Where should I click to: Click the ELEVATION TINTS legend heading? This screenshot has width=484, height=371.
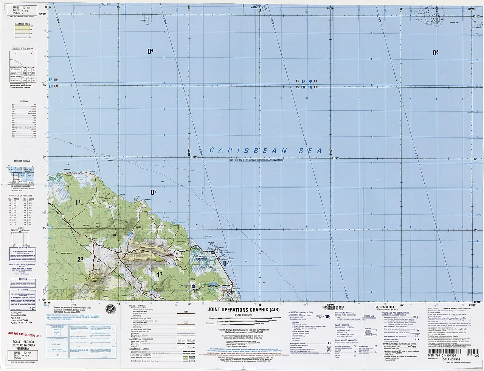click(23, 23)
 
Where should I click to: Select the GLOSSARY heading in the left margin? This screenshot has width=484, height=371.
click(24, 101)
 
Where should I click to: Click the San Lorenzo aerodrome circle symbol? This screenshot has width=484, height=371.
click(194, 287)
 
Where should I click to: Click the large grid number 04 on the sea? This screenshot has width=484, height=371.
click(150, 51)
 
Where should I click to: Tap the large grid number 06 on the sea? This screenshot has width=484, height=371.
click(435, 53)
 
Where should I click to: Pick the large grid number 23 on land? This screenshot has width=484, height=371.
click(80, 260)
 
